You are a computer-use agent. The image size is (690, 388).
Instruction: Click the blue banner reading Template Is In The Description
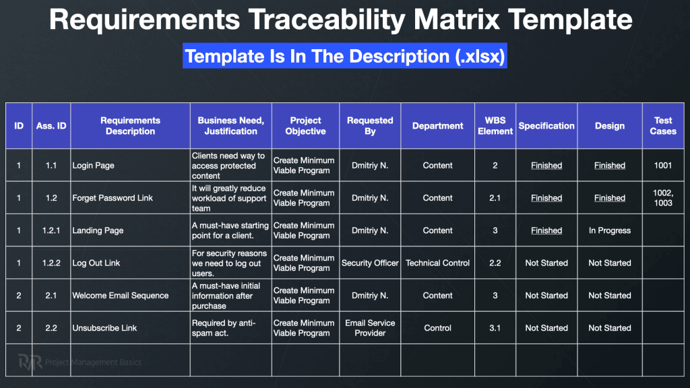[x=345, y=56]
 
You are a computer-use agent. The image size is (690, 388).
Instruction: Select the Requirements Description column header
[x=130, y=126]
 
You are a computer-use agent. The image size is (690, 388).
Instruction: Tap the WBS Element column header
[x=495, y=126]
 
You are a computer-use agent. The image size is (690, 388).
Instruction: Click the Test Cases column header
[x=663, y=126]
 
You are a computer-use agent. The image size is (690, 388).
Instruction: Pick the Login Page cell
[x=130, y=166]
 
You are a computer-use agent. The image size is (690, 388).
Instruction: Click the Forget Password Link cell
[x=130, y=198]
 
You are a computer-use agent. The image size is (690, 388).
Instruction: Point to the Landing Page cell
[x=130, y=230]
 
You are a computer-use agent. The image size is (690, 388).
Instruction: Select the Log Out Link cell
[x=130, y=263]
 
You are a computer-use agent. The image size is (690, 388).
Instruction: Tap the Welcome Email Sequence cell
[x=130, y=296]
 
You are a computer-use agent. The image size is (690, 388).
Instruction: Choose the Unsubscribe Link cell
[x=130, y=328]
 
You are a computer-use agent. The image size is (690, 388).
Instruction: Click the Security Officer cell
[x=370, y=263]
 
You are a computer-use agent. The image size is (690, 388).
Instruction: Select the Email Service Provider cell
[x=370, y=328]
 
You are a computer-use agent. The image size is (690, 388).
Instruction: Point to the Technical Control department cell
[x=438, y=263]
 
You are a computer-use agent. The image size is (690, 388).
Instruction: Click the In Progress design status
[x=610, y=230]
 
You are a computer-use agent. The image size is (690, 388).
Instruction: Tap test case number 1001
[x=663, y=166]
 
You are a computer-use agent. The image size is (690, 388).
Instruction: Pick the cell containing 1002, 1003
[x=663, y=198]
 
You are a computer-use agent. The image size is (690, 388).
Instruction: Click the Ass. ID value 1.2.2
[x=51, y=263]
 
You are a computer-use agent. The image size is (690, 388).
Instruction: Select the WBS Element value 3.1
[x=495, y=328]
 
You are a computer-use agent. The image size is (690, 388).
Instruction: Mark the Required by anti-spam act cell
[x=231, y=328]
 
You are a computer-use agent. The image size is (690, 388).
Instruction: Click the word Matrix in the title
[x=456, y=20]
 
